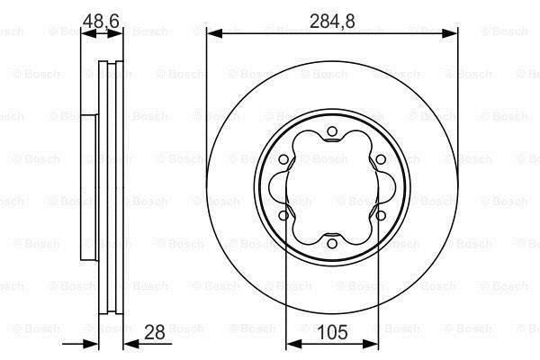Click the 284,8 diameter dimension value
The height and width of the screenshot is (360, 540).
tap(332, 22)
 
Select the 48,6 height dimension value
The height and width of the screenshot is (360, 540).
tap(101, 22)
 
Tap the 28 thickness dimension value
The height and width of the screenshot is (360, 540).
tap(154, 332)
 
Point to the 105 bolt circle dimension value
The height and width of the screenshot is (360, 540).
tap(332, 332)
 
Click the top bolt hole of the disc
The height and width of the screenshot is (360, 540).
tap(332, 131)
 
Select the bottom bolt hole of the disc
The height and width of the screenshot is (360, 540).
tap(332, 244)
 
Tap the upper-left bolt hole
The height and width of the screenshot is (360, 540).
tap(283, 159)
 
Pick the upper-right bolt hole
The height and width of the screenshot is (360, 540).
tap(381, 159)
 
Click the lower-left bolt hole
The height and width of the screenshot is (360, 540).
tap(283, 216)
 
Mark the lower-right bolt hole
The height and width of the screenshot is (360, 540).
tap(381, 216)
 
